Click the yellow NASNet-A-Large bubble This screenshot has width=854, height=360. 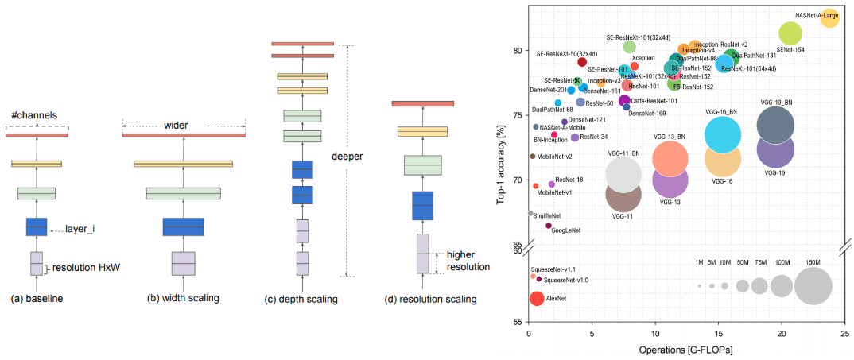(x=829, y=18)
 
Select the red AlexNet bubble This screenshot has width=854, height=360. (x=537, y=299)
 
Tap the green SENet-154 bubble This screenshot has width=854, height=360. (x=790, y=33)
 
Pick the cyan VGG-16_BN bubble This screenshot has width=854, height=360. (x=728, y=134)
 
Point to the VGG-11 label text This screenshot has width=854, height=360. (x=623, y=215)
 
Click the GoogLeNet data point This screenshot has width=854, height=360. (x=549, y=226)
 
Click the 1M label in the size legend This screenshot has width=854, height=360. (x=699, y=262)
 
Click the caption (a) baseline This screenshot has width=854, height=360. (x=37, y=299)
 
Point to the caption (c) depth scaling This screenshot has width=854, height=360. (x=301, y=299)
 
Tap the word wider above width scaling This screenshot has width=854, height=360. (x=184, y=125)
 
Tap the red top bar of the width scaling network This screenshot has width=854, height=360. (x=184, y=135)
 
